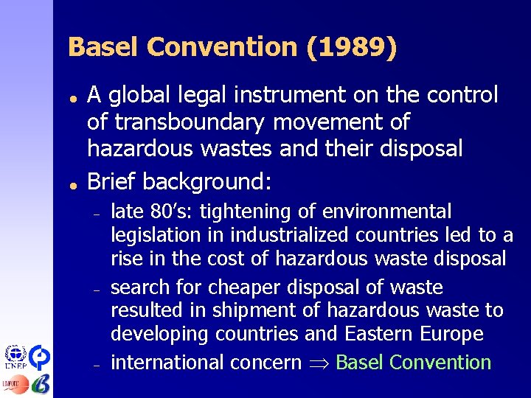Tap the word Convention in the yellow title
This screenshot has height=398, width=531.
pyautogui.click(x=222, y=48)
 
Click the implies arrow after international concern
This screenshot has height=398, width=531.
pyautogui.click(x=319, y=363)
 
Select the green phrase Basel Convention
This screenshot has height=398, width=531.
pyautogui.click(x=413, y=363)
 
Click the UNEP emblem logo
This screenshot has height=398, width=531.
pyautogui.click(x=14, y=357)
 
